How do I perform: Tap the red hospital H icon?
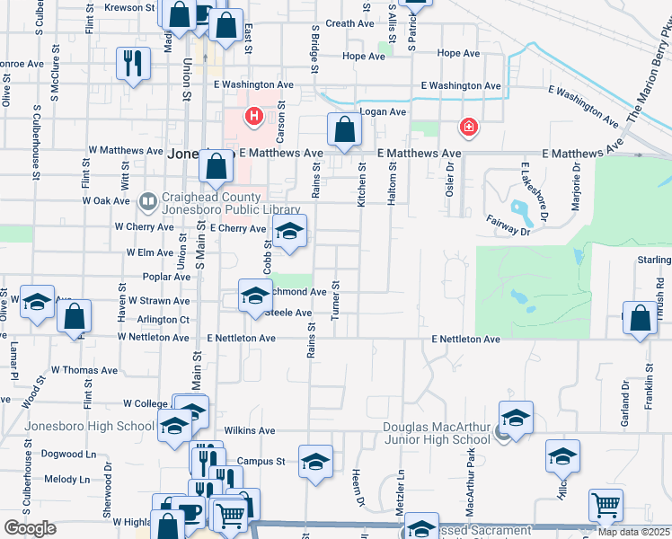pyautogui.click(x=254, y=117)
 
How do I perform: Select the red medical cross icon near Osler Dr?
pyautogui.click(x=467, y=128)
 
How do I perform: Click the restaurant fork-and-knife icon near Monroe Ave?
pyautogui.click(x=133, y=64)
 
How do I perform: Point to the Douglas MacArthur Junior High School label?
pyautogui.click(x=437, y=433)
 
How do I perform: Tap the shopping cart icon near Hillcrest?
pyautogui.click(x=606, y=506)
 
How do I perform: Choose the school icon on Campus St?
pyautogui.click(x=315, y=462)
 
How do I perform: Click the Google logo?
pyautogui.click(x=30, y=528)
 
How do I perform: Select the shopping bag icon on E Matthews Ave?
pyautogui.click(x=344, y=130)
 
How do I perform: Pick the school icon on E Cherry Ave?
pyautogui.click(x=289, y=231)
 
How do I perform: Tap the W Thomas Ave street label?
pyautogui.click(x=84, y=370)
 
